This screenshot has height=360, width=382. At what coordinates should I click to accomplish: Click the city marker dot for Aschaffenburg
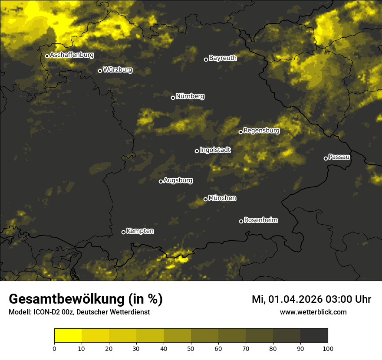click(x=47, y=56)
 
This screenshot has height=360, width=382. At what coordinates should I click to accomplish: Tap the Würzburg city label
click(x=118, y=70)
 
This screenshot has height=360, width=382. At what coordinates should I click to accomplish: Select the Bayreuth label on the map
click(x=223, y=58)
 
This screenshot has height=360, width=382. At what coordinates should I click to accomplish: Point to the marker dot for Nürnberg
click(x=173, y=98)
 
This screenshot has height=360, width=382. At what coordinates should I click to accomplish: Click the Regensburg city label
click(x=261, y=131)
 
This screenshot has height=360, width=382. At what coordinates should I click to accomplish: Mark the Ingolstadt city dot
click(x=197, y=151)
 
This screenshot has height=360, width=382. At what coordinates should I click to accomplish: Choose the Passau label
click(x=339, y=157)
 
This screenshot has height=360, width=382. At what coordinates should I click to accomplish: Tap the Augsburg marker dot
click(x=161, y=181)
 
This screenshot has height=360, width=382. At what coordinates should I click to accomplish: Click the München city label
click(x=222, y=198)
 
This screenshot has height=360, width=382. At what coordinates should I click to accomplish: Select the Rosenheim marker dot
click(x=241, y=221)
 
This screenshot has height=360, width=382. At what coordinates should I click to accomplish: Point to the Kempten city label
click(x=140, y=231)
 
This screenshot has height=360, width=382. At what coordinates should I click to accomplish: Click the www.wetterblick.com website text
click(x=313, y=312)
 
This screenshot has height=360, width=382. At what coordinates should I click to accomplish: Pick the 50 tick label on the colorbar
click(x=191, y=348)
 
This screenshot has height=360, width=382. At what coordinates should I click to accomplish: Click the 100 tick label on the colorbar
click(x=328, y=348)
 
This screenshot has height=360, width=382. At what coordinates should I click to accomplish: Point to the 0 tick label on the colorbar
click(x=54, y=348)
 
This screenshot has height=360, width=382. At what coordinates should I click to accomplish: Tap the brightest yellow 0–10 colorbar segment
click(x=68, y=336)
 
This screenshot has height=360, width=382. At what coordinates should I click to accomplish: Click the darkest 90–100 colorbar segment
click(x=314, y=336)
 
